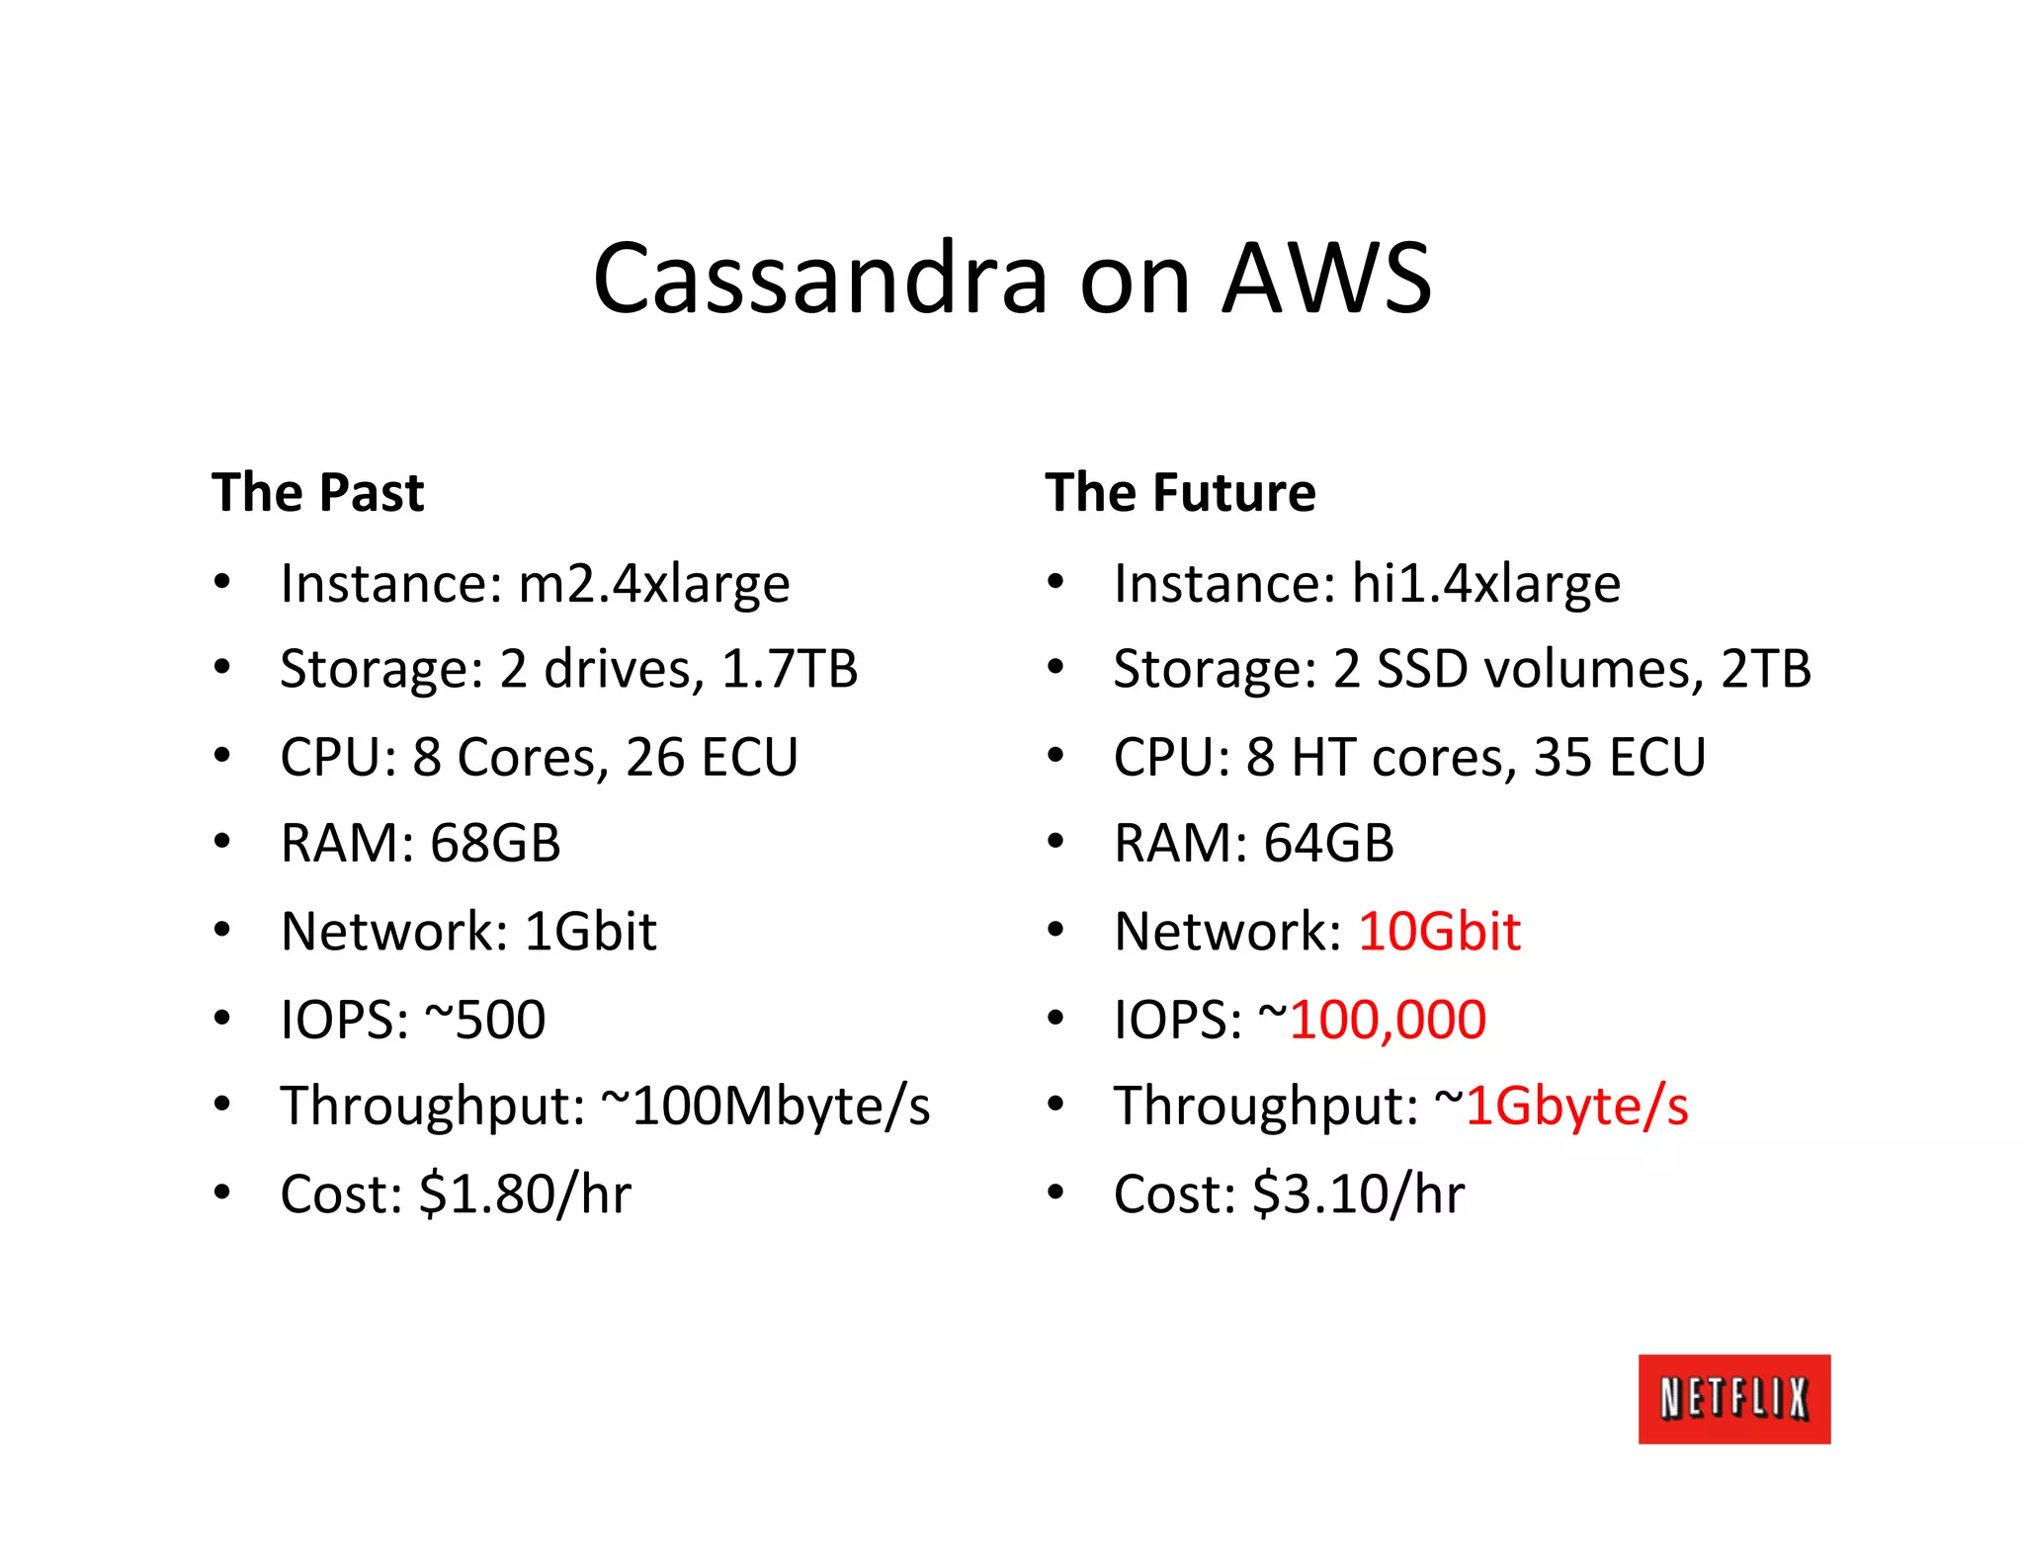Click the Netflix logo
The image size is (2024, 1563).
click(1733, 1398)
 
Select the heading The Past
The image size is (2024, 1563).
click(317, 492)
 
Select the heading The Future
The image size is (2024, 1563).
click(1180, 492)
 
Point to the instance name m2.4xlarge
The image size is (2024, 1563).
click(653, 583)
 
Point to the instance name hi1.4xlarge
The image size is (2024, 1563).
click(1485, 583)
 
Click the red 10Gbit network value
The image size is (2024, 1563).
click(1439, 931)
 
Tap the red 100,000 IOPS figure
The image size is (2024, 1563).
click(1387, 1019)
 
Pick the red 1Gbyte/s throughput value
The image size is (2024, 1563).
click(1576, 1106)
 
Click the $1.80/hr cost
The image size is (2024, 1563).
click(525, 1193)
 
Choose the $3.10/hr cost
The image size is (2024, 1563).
click(1358, 1193)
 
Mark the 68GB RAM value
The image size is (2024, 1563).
click(495, 844)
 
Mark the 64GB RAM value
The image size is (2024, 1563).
click(1328, 844)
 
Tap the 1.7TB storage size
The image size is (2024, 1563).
click(790, 669)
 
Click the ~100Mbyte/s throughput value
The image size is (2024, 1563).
click(766, 1106)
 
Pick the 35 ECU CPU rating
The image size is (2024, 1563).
click(1619, 757)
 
